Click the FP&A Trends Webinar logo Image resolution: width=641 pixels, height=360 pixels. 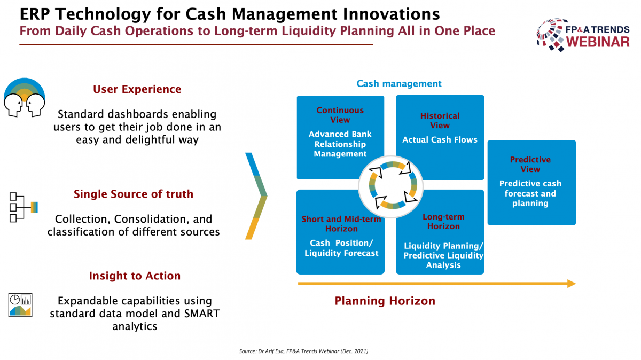click(583, 35)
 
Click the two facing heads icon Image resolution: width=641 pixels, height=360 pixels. click(25, 97)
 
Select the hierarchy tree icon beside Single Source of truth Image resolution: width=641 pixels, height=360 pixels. click(24, 207)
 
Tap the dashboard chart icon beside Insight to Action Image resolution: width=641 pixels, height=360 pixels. click(20, 305)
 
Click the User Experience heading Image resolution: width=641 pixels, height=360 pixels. click(137, 89)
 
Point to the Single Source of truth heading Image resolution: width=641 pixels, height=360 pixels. click(134, 194)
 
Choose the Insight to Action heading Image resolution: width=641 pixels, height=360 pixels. click(135, 276)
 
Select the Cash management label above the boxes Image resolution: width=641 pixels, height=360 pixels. click(399, 83)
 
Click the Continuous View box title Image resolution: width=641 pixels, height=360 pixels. click(340, 115)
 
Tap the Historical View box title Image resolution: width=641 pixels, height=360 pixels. click(440, 121)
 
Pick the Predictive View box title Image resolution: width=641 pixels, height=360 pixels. click(530, 165)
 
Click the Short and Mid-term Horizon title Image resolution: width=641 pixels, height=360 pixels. click(341, 224)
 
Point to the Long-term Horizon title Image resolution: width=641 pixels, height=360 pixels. click(443, 222)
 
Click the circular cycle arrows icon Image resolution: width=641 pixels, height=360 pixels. click(391, 186)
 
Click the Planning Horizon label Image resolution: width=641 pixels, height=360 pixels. click(385, 301)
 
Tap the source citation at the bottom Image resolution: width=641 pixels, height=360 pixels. click(303, 351)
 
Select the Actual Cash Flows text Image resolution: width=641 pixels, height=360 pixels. click(440, 139)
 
